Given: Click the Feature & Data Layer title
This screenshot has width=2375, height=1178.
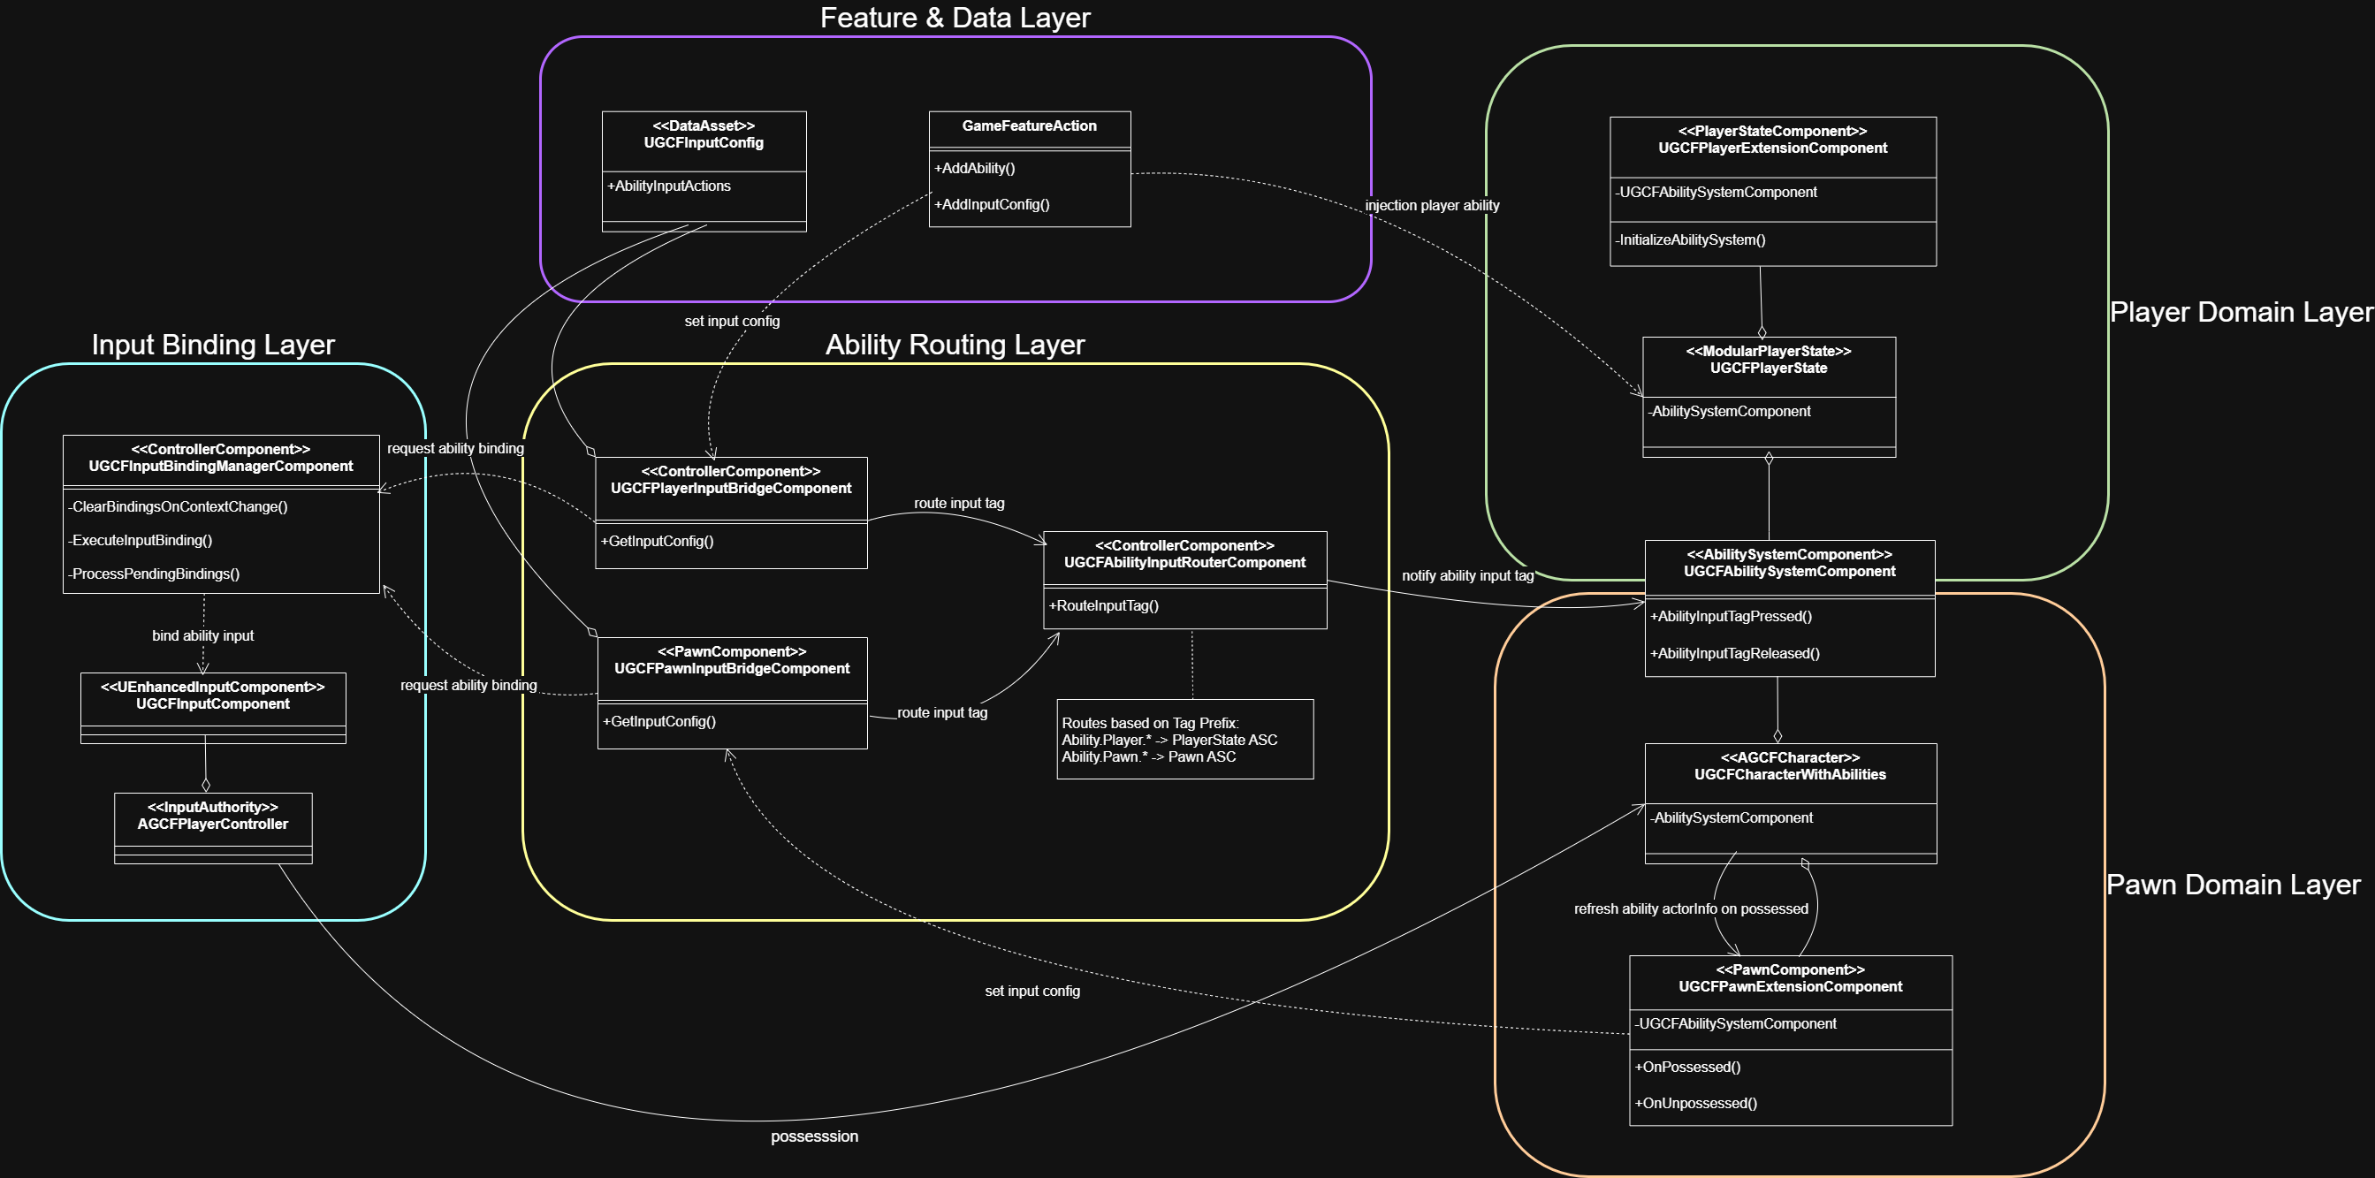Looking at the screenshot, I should click(955, 18).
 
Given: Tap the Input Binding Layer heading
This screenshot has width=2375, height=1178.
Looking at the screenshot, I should click(213, 345).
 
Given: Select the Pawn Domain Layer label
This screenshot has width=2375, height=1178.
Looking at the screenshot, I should click(2233, 885).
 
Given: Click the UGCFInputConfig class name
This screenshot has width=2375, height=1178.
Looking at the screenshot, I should click(704, 143).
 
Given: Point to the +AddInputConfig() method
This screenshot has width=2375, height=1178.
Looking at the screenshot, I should click(992, 205).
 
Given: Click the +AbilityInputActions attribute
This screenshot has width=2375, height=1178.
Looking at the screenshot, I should click(669, 186).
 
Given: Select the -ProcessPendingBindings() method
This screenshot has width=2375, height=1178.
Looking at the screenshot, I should click(155, 574).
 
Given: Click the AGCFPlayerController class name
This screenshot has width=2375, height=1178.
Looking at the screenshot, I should click(213, 824).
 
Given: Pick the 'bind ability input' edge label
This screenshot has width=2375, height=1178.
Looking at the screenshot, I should click(202, 636).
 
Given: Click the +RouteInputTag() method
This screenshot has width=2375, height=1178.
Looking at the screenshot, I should click(1104, 606).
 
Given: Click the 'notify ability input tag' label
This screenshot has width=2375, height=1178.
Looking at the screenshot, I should click(1468, 576).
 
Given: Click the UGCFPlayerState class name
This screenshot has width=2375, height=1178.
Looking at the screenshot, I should click(1769, 369).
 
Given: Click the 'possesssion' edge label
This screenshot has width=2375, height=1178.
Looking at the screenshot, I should click(814, 1136).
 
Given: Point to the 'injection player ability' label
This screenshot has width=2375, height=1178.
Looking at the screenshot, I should click(1432, 206).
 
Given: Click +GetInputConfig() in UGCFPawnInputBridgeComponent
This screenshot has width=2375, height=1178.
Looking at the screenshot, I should click(659, 722).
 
